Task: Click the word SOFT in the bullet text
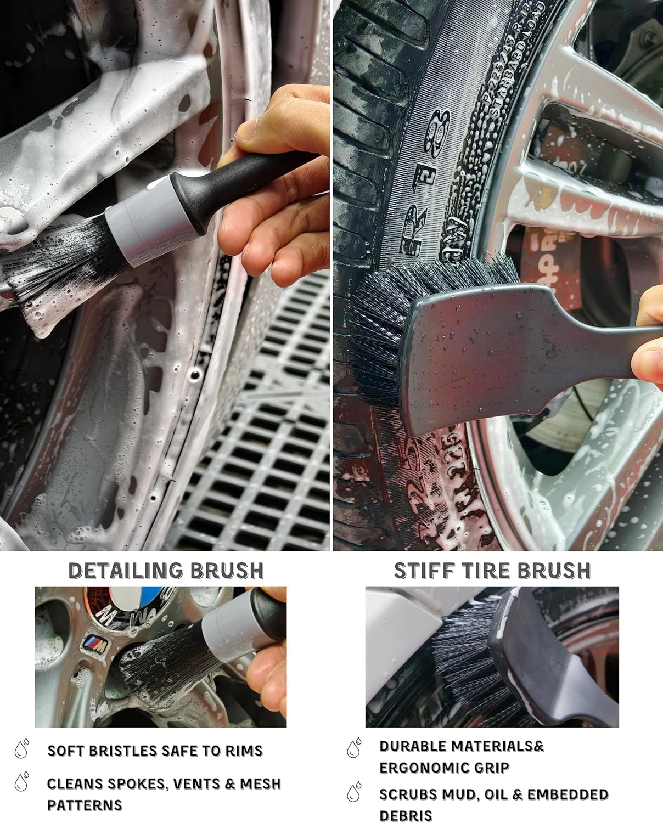coord(64,751)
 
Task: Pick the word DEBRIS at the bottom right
coord(406,815)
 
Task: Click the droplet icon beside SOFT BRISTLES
coord(23,749)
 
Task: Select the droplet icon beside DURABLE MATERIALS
coord(355,747)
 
